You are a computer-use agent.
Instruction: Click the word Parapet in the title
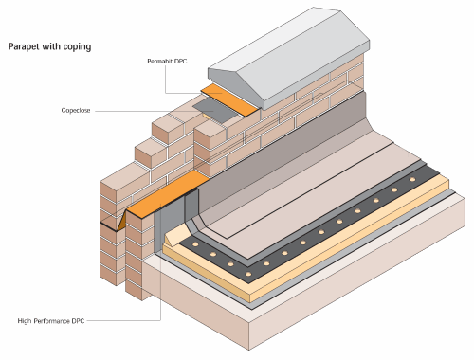click(x=26, y=45)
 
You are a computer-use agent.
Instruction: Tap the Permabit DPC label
click(x=167, y=63)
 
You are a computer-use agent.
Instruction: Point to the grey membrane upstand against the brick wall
click(x=284, y=152)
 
